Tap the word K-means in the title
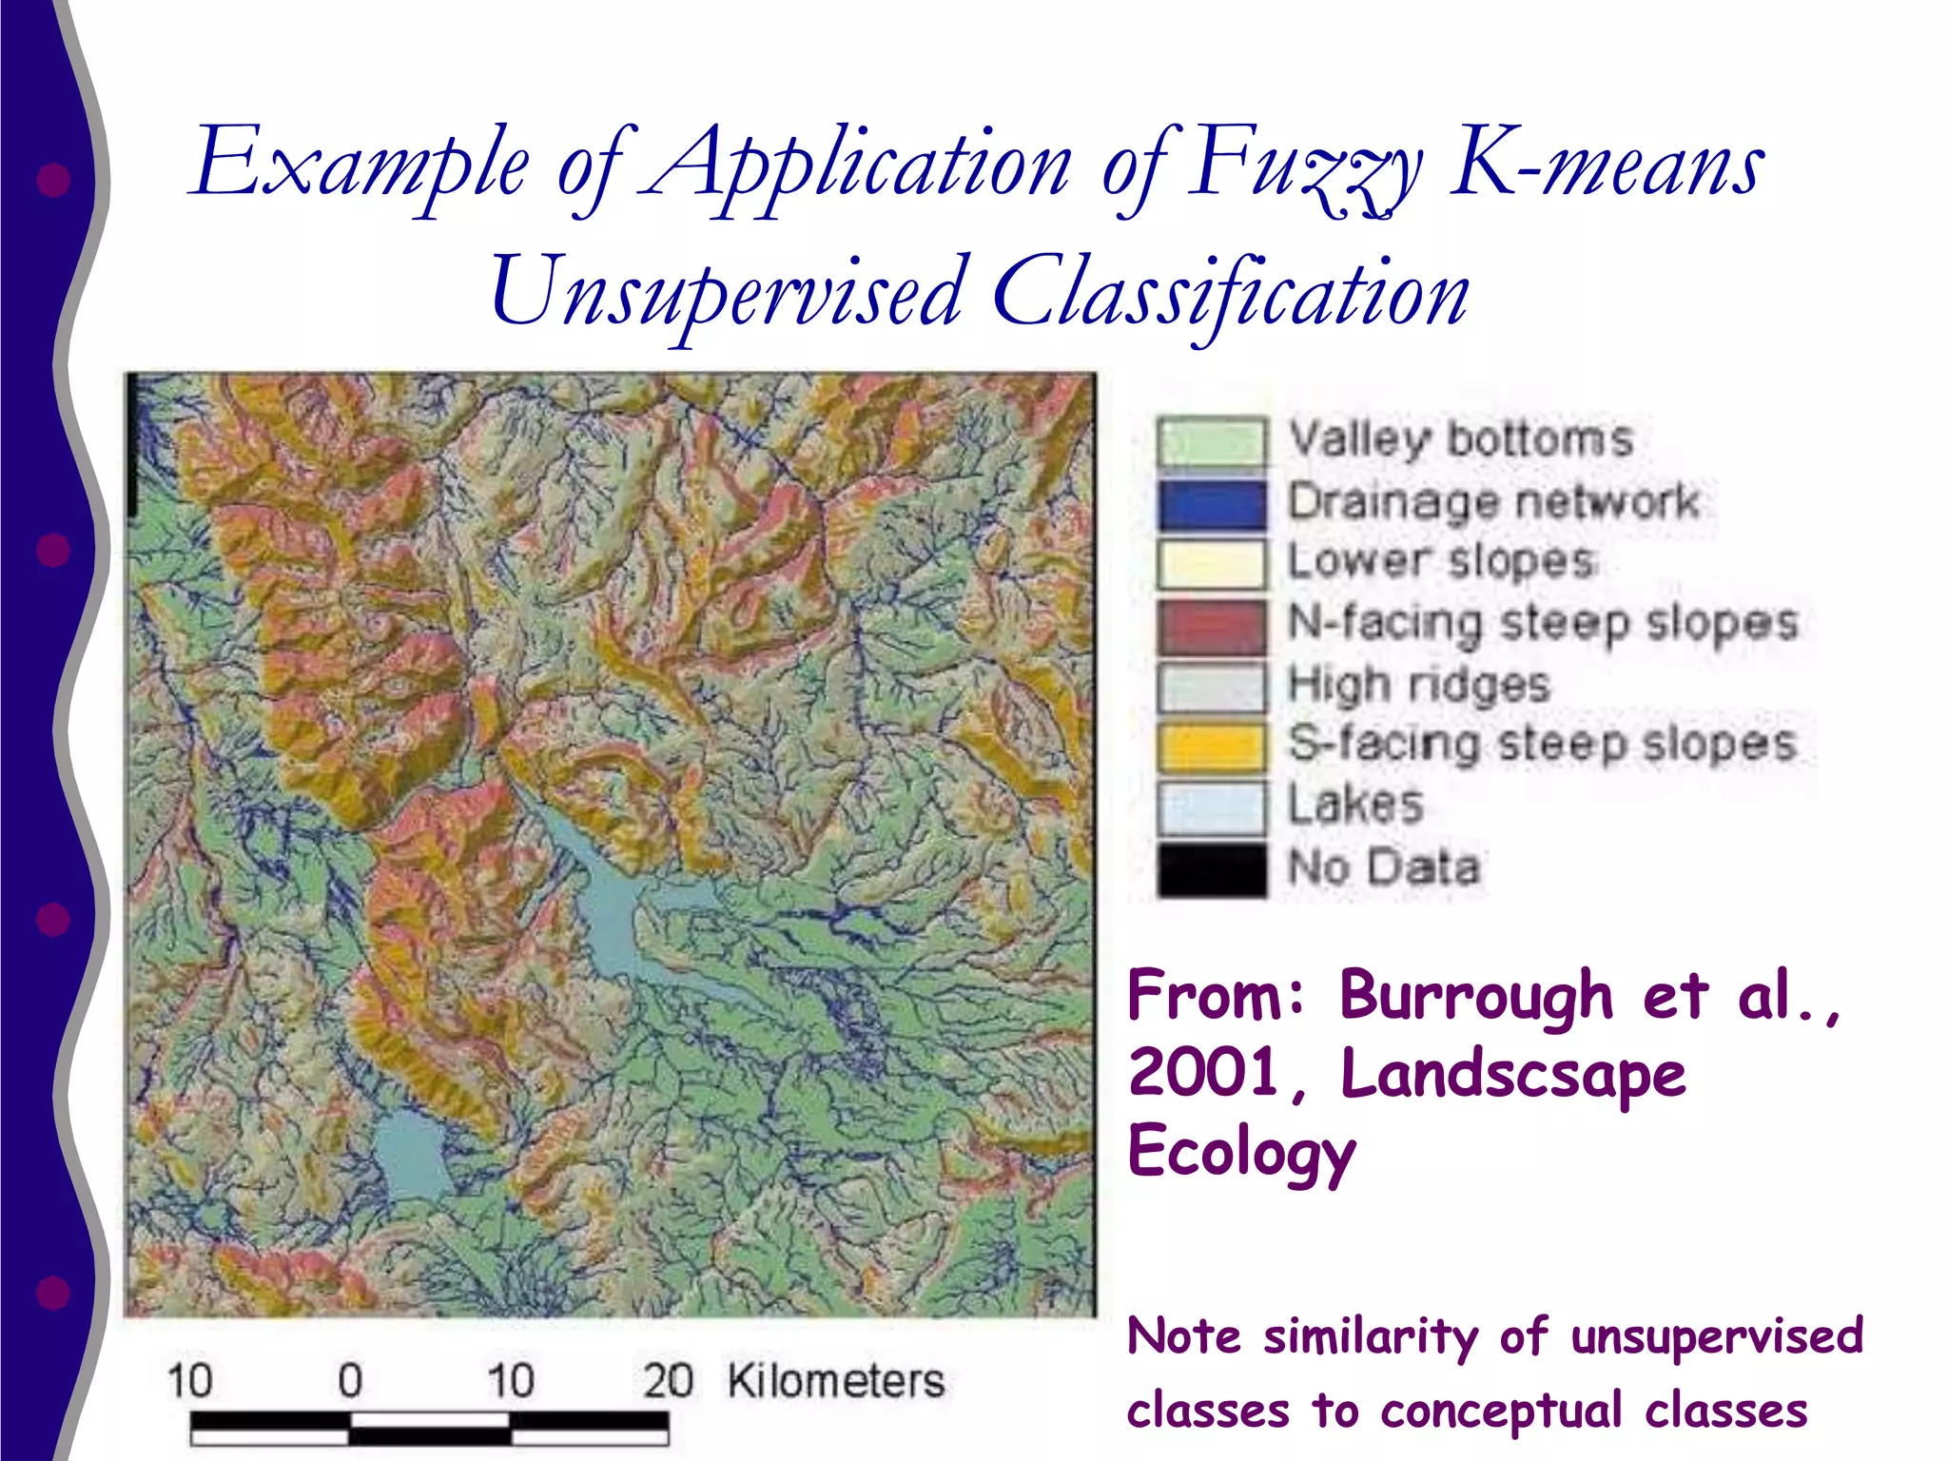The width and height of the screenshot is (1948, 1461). [x=1607, y=166]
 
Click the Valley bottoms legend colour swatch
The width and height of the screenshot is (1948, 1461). [x=1211, y=442]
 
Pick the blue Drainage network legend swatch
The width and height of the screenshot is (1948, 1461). [x=1211, y=503]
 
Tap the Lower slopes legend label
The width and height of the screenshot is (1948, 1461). [x=1440, y=561]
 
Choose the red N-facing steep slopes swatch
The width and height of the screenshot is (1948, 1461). [x=1211, y=625]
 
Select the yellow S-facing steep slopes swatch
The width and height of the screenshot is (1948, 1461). [x=1211, y=746]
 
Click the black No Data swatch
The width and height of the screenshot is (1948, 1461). [x=1211, y=867]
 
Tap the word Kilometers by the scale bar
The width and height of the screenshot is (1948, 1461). [x=835, y=1381]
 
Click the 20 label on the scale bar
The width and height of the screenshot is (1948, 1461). [x=667, y=1381]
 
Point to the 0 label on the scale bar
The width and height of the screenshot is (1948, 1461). [x=350, y=1381]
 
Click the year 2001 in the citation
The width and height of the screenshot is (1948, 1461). [x=1203, y=1074]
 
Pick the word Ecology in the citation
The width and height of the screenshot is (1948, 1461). [x=1241, y=1152]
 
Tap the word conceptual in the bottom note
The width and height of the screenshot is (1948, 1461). [x=1501, y=1411]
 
